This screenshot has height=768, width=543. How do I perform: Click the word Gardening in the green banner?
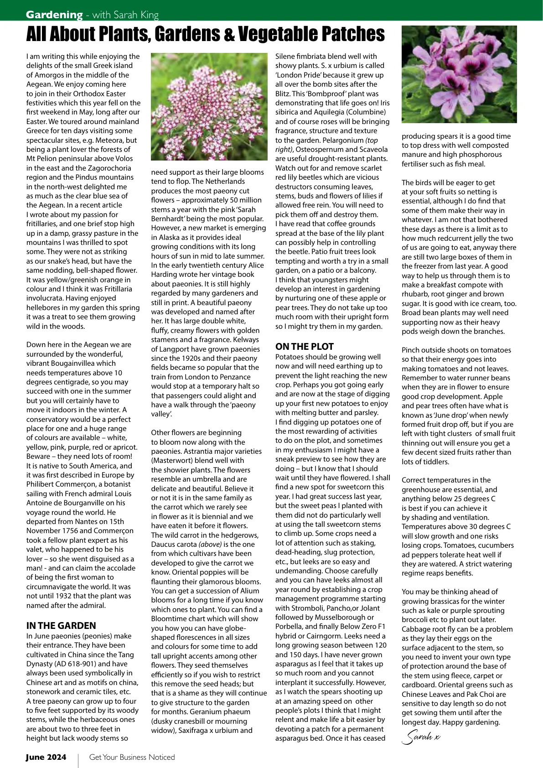(54, 15)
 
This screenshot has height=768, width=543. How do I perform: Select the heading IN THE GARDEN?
(61, 626)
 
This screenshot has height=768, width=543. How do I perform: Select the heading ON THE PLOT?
(305, 347)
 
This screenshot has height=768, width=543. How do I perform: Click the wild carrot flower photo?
(209, 106)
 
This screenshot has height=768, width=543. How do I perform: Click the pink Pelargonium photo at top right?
(459, 74)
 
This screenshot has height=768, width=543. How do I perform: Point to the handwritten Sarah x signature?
(421, 737)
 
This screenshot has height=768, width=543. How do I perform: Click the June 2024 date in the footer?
(46, 757)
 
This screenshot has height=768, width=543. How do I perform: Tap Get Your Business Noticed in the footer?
(132, 757)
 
